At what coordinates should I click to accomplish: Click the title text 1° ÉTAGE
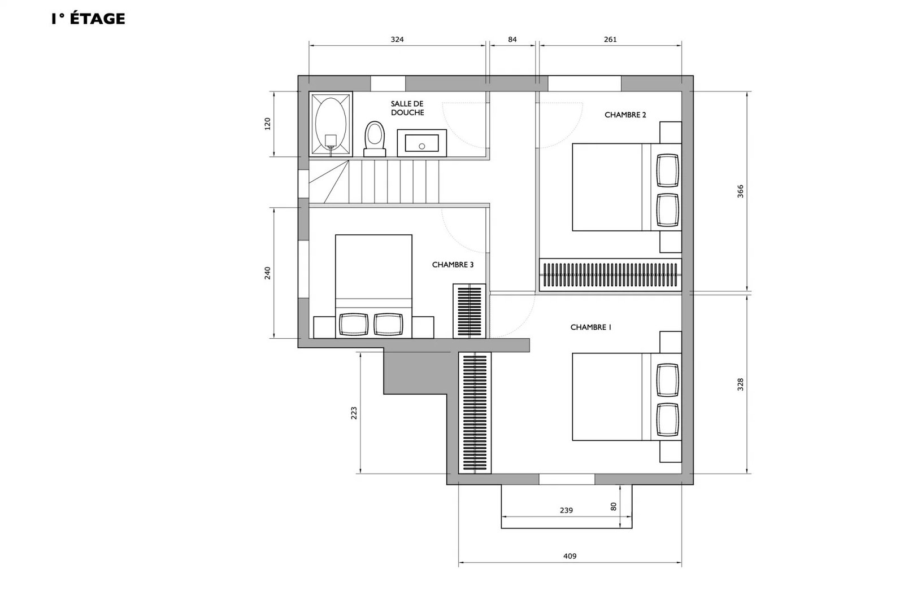(88, 19)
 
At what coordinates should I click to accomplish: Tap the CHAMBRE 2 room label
(625, 115)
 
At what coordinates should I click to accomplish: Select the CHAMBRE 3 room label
(453, 265)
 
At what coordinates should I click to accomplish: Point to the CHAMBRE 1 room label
(591, 327)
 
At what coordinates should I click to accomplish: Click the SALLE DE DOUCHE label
(407, 108)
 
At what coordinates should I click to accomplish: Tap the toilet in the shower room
(375, 139)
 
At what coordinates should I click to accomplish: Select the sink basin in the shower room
(421, 143)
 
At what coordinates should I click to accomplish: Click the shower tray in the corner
(331, 124)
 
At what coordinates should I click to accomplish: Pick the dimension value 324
(397, 40)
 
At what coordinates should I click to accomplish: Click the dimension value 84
(512, 40)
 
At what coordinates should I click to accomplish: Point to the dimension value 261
(610, 40)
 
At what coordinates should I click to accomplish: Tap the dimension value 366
(740, 191)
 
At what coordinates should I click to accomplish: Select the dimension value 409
(570, 557)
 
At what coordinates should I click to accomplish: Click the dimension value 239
(566, 510)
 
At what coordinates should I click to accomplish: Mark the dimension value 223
(354, 413)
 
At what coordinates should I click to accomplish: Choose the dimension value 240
(267, 273)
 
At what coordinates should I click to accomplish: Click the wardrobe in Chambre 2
(611, 274)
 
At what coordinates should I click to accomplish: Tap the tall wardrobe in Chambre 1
(475, 413)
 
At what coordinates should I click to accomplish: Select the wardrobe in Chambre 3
(470, 311)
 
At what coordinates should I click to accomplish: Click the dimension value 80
(614, 506)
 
